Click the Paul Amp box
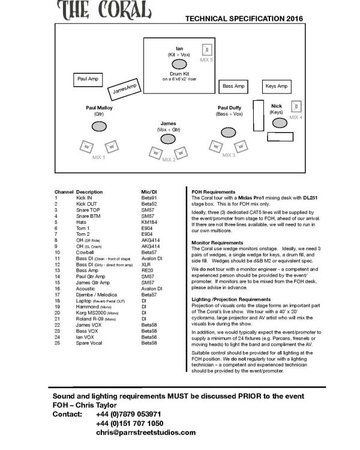click(x=88, y=79)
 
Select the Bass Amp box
click(x=233, y=86)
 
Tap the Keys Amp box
click(x=277, y=86)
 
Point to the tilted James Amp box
click(x=125, y=90)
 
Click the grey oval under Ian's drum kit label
click(x=179, y=64)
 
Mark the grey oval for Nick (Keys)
click(x=280, y=122)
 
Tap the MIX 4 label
click(x=296, y=118)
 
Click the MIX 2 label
click(x=169, y=159)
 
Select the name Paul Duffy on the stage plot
click(x=230, y=107)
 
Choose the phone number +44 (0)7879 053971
click(x=128, y=415)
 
